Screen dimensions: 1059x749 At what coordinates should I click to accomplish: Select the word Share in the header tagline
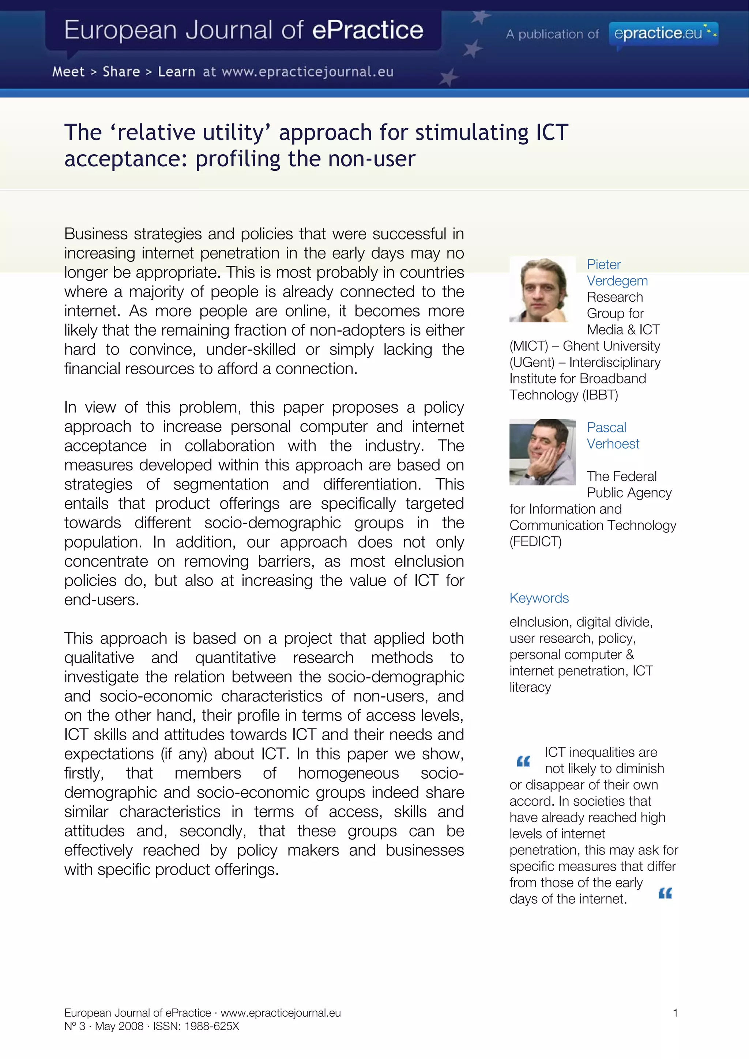(x=121, y=72)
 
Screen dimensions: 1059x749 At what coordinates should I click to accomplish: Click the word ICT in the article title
(x=552, y=133)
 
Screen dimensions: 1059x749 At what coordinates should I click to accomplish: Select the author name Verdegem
(x=617, y=281)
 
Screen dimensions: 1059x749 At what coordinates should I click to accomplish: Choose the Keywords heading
(x=539, y=598)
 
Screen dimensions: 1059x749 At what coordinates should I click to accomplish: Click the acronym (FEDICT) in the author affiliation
(x=535, y=542)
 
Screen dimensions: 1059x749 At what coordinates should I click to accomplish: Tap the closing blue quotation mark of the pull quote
(x=665, y=893)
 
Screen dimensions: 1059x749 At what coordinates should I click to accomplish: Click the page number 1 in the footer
(x=675, y=1013)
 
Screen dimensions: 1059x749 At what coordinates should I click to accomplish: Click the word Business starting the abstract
(x=95, y=234)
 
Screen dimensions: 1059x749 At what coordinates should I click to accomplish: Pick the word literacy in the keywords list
(x=530, y=687)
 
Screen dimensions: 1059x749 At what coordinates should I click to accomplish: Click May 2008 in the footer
(x=119, y=1026)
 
